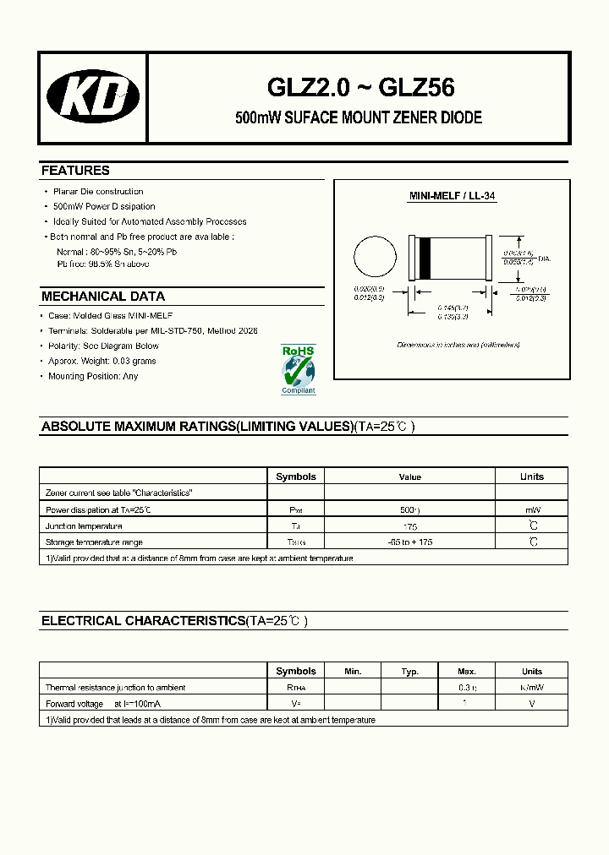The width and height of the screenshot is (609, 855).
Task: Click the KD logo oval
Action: [x=93, y=97]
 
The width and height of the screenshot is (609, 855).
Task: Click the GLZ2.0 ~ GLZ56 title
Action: [x=360, y=87]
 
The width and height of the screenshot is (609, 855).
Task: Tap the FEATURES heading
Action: [x=75, y=171]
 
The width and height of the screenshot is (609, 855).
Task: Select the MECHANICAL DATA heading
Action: [x=103, y=297]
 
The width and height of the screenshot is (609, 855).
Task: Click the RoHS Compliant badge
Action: [x=298, y=369]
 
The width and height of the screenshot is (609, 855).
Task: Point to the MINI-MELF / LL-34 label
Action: [x=453, y=196]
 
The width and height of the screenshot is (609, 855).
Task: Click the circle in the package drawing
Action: [x=374, y=258]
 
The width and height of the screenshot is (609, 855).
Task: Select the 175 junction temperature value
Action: [x=410, y=526]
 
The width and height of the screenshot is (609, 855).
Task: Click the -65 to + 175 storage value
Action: [x=410, y=542]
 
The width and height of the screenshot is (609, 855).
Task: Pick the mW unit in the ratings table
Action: [x=532, y=510]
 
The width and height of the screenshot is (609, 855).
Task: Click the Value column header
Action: [x=410, y=477]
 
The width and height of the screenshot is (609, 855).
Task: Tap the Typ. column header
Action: [x=410, y=672]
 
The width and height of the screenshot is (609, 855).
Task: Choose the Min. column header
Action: [x=353, y=672]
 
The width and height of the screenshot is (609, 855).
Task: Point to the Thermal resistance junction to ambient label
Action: [x=115, y=688]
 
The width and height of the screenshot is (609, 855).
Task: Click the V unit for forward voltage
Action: [x=532, y=704]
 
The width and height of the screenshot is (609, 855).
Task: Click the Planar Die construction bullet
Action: [x=98, y=192]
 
